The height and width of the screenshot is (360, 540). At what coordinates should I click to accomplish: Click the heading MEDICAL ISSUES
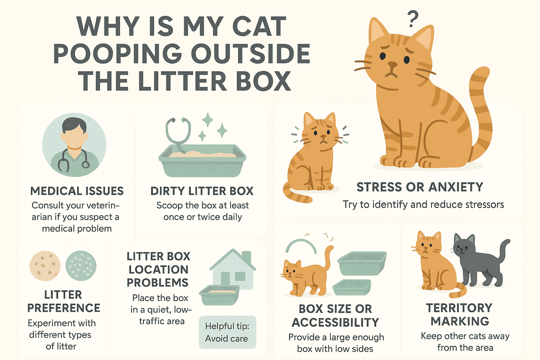(x=77, y=191)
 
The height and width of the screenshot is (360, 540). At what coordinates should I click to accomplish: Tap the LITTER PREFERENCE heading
(x=63, y=301)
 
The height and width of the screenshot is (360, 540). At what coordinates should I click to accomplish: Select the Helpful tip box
(x=227, y=332)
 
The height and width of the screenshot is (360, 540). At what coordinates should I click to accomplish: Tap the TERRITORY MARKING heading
(x=459, y=314)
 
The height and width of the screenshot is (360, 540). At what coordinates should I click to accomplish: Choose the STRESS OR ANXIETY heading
(x=420, y=187)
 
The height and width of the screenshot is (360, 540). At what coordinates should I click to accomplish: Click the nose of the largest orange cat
(x=392, y=64)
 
